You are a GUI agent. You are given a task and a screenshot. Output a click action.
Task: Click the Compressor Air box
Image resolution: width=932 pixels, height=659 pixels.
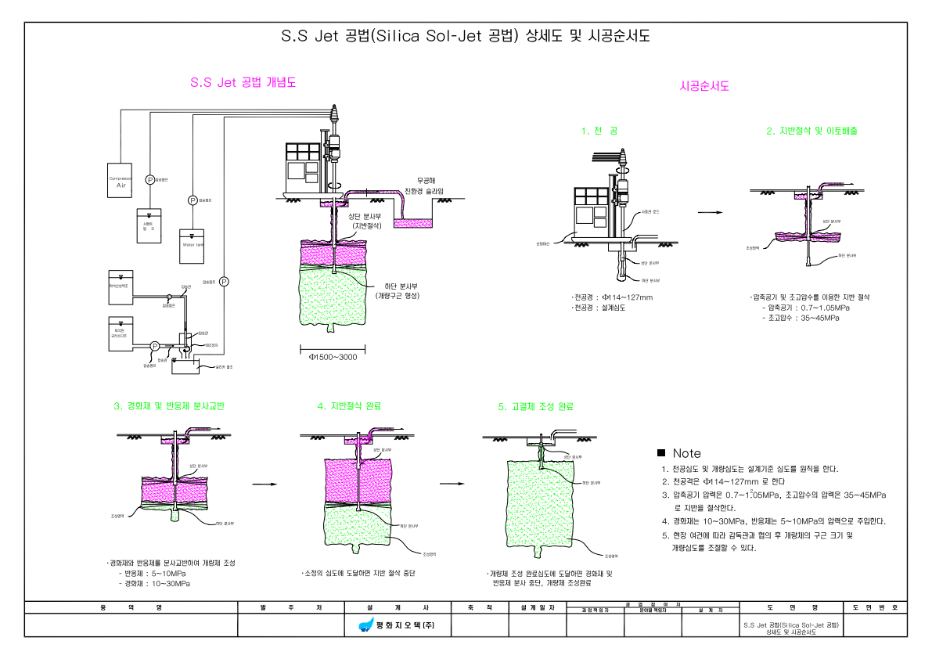121,182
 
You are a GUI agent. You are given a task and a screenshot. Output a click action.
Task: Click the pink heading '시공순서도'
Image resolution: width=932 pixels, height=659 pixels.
704,87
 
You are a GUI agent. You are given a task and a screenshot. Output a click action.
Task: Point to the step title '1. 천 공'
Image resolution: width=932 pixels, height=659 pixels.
599,131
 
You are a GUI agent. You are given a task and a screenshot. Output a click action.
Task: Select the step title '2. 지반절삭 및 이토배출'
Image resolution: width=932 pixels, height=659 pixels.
811,131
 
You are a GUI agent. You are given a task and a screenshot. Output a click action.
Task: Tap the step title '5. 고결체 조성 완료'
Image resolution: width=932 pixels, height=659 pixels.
535,406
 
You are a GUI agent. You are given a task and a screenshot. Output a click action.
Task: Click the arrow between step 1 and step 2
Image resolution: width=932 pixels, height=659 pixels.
709,212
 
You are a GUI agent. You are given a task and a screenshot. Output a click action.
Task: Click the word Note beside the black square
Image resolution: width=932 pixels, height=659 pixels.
687,454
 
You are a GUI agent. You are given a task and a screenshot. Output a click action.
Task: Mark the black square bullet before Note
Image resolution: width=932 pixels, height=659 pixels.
661,453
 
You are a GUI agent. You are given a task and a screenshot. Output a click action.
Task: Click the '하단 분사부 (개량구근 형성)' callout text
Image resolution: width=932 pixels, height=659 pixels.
398,290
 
